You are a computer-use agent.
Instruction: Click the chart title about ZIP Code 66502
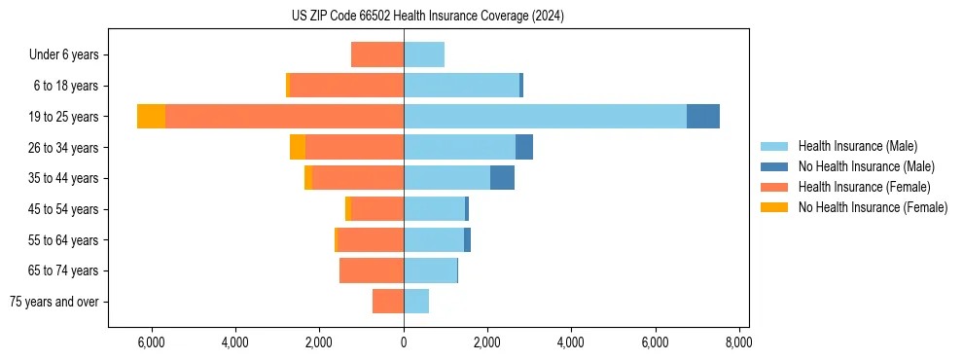click(427, 17)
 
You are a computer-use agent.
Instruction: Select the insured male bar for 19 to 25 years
click(545, 117)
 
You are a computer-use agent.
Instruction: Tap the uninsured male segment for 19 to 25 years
click(703, 117)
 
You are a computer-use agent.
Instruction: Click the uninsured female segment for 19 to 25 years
click(151, 117)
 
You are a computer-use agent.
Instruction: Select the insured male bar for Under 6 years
click(424, 55)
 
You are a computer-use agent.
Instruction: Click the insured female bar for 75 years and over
click(388, 302)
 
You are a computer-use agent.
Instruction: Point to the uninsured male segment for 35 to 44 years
click(502, 178)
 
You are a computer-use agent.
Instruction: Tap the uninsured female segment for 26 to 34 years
click(298, 147)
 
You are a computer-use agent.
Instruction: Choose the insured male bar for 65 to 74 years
click(430, 270)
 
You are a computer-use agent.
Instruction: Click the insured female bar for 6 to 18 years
click(346, 86)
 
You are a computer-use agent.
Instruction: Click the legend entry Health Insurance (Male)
click(851, 146)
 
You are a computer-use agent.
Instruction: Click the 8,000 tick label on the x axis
click(737, 342)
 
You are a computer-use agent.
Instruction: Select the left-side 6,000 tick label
click(153, 342)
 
